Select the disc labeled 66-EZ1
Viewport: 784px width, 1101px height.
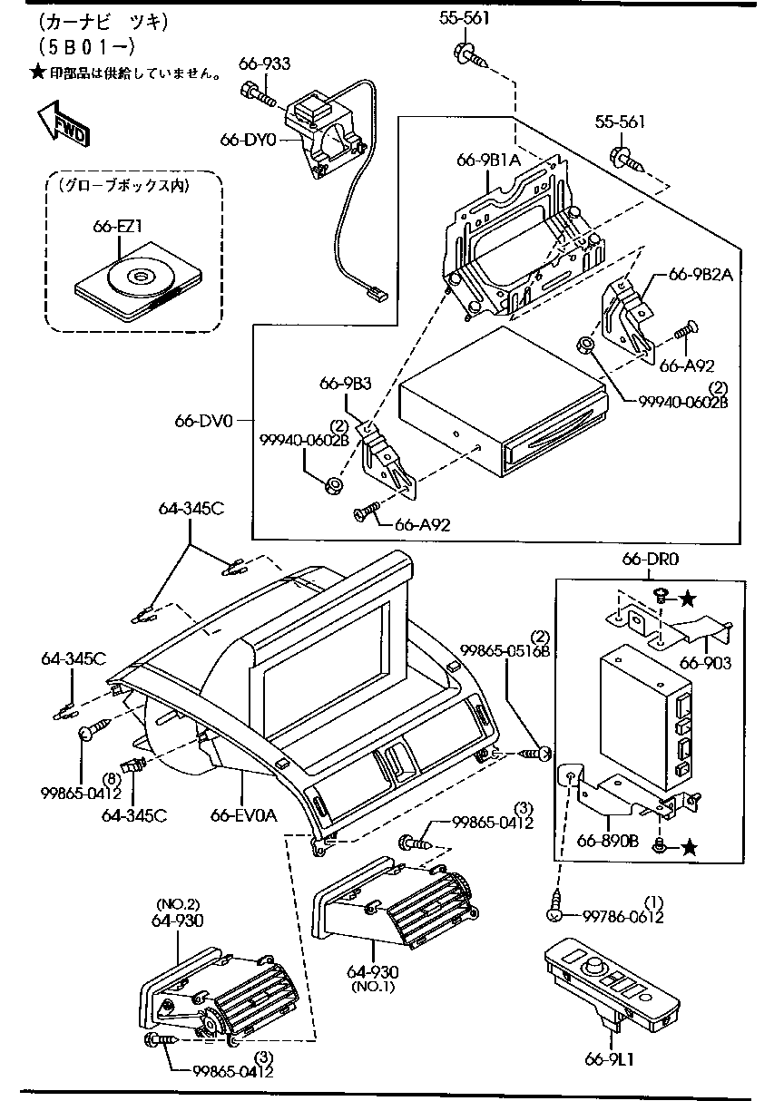[138, 278]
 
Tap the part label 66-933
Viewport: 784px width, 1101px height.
[265, 63]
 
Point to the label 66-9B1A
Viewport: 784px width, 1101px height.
[488, 161]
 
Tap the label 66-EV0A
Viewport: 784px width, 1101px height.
[243, 814]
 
